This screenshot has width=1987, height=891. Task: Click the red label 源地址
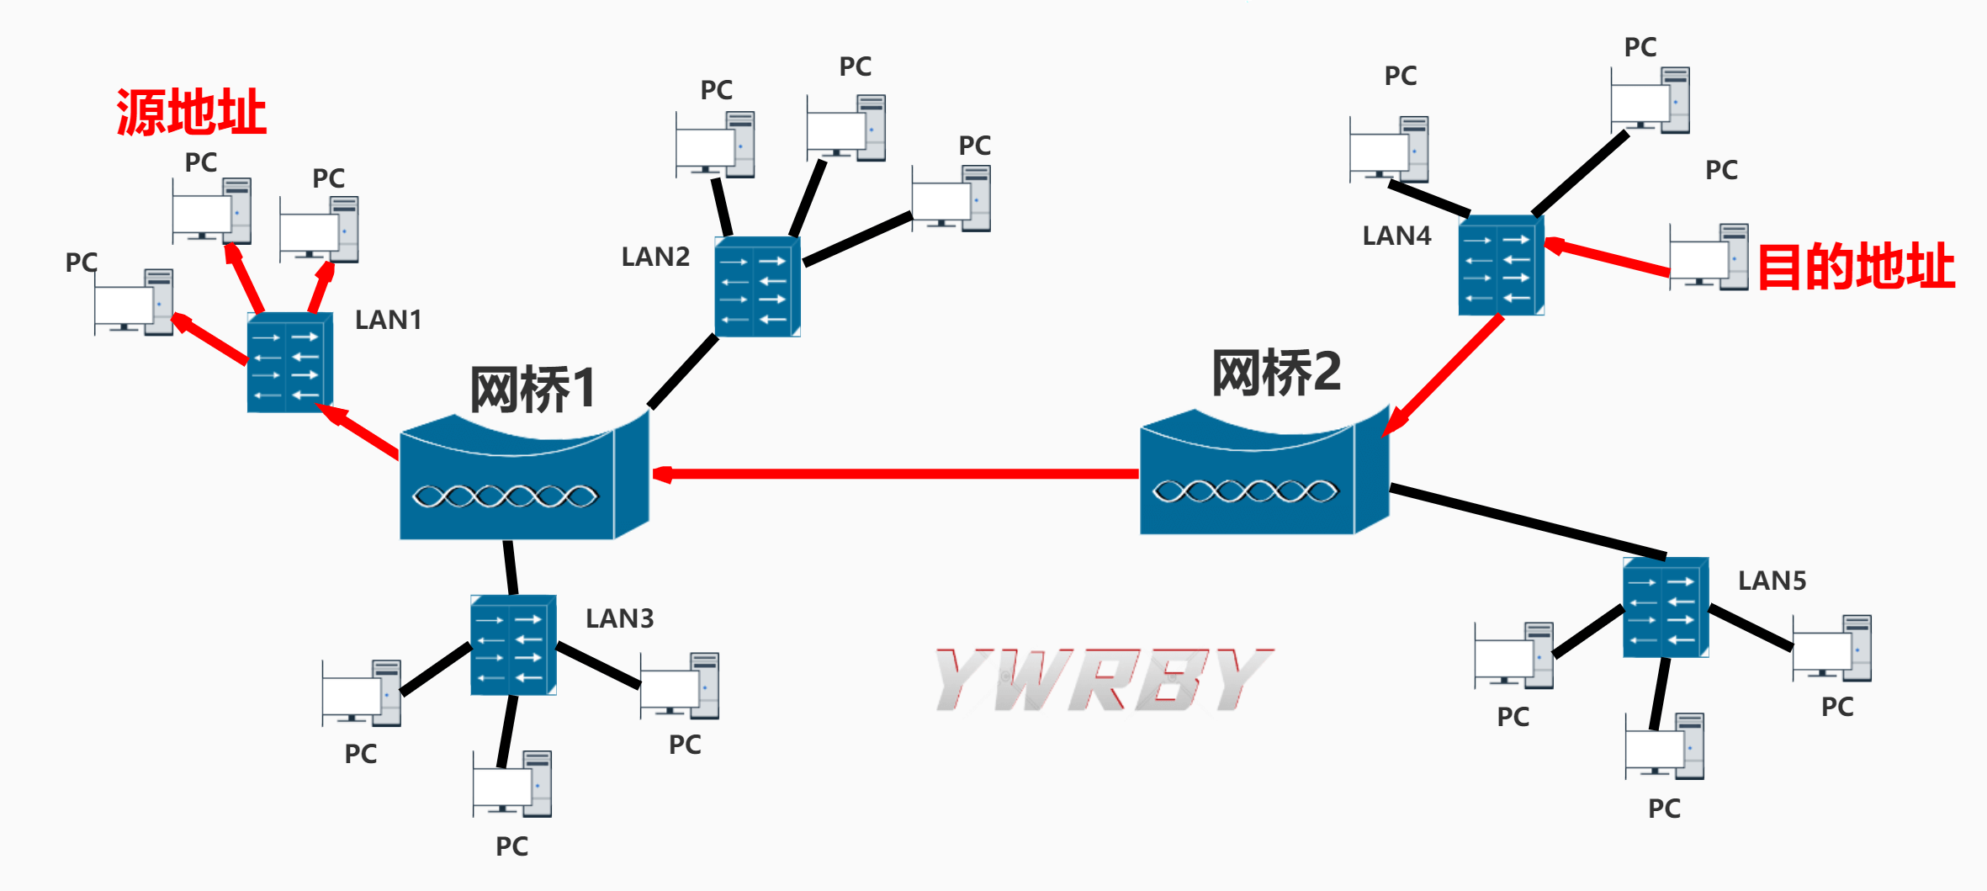pyautogui.click(x=191, y=113)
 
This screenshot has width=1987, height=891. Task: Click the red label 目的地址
pyautogui.click(x=1855, y=267)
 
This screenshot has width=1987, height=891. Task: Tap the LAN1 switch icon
pyautogui.click(x=289, y=363)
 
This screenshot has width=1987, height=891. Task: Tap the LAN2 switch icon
pyautogui.click(x=756, y=287)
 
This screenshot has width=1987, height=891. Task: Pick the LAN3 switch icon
pyautogui.click(x=512, y=645)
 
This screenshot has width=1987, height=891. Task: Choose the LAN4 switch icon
pyautogui.click(x=1500, y=266)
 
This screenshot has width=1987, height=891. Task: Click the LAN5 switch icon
pyautogui.click(x=1665, y=607)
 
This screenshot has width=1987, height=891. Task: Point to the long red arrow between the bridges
pyautogui.click(x=896, y=475)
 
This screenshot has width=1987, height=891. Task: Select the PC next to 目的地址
pyautogui.click(x=1708, y=257)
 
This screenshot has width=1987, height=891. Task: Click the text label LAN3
pyautogui.click(x=619, y=618)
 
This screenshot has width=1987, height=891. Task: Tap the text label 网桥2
pyautogui.click(x=1275, y=373)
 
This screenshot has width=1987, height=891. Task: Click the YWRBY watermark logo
pyautogui.click(x=1104, y=680)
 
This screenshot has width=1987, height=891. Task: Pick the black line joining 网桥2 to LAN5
pyautogui.click(x=1527, y=521)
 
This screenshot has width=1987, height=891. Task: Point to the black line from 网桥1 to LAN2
pyautogui.click(x=682, y=372)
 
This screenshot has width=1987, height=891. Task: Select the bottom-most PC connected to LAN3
pyautogui.click(x=511, y=784)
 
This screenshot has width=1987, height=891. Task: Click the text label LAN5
pyautogui.click(x=1772, y=581)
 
